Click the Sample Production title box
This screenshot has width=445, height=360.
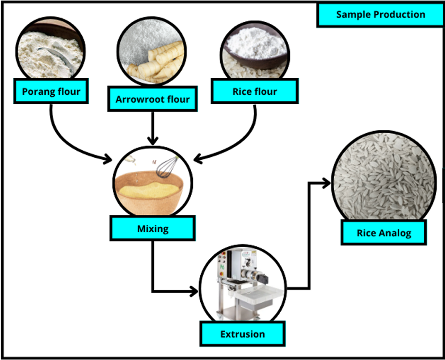[380, 15]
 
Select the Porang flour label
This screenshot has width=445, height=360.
[51, 92]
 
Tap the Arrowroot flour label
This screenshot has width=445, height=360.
[153, 99]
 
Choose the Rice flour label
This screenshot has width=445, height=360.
[255, 92]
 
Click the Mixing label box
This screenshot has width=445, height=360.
[153, 228]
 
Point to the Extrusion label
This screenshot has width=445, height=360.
[242, 334]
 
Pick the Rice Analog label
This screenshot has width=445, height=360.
[384, 233]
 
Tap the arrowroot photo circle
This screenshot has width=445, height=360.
[152, 51]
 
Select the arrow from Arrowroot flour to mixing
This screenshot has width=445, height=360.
[153, 128]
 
